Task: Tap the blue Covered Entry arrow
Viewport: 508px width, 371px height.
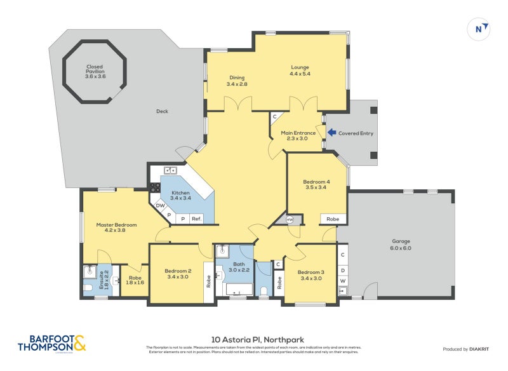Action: point(331,133)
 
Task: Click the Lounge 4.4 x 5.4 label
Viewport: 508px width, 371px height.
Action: point(300,70)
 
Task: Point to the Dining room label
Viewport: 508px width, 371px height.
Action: point(237,81)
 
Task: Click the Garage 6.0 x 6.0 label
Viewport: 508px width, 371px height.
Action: point(401,245)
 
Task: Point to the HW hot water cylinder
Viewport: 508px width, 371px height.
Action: point(290,219)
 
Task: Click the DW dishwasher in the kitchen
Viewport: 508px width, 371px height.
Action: point(161,205)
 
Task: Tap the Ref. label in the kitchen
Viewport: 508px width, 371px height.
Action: point(197,219)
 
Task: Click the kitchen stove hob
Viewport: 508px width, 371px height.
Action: point(154,187)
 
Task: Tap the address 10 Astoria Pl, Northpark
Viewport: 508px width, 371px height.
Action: point(253,340)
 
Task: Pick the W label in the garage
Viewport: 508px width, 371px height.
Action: point(343,280)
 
